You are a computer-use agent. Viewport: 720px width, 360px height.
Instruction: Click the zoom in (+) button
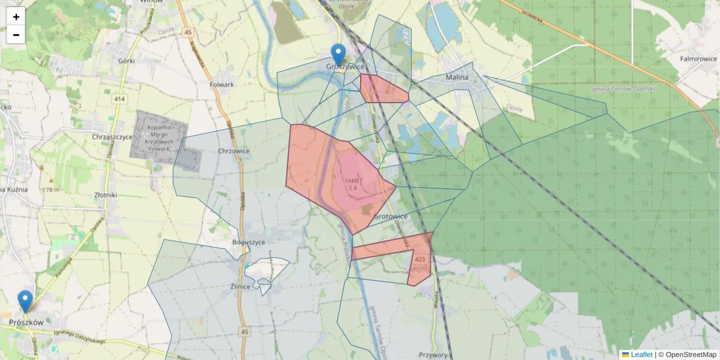point(16,17)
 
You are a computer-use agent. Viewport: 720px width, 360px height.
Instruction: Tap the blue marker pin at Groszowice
point(338,55)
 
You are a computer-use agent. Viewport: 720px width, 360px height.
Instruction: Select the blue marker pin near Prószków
point(25,301)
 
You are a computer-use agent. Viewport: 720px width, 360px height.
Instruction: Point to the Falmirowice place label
point(698,59)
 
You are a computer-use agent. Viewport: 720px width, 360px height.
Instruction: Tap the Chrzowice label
point(234,151)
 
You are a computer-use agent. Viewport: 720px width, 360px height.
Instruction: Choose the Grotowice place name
point(391,216)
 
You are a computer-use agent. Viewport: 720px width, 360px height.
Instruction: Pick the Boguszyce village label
point(248,242)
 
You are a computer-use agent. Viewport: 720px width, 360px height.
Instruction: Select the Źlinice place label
point(240,286)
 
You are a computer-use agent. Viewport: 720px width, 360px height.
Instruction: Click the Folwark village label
point(222,85)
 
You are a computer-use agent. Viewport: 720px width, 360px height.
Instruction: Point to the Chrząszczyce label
point(113,137)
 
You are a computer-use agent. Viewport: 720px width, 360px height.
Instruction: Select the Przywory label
point(434,355)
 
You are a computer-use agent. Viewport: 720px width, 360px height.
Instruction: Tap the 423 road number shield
point(420,259)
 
